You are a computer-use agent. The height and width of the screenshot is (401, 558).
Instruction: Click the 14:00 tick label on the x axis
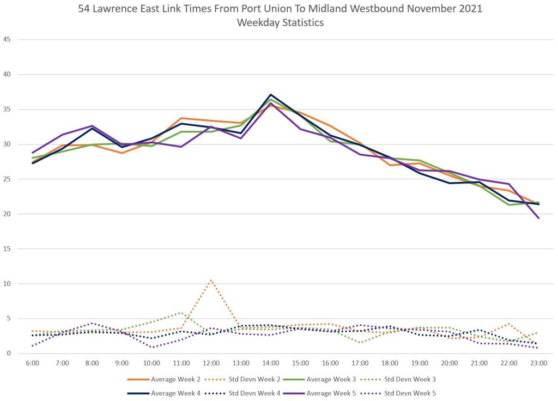tap(271, 362)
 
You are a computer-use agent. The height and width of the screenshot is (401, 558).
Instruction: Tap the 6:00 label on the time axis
tap(33, 362)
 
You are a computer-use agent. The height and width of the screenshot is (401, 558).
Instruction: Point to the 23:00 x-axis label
tap(538, 362)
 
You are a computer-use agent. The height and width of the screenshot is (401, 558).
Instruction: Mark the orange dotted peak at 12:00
tap(211, 280)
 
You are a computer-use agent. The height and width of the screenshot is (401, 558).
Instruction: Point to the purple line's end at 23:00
tap(538, 218)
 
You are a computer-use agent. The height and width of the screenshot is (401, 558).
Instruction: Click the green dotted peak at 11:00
tap(181, 313)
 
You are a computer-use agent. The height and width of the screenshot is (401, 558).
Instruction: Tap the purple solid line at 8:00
tap(92, 126)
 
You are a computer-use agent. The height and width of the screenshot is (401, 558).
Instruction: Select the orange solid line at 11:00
tap(181, 118)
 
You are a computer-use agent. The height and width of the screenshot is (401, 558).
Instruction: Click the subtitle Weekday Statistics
tap(278, 23)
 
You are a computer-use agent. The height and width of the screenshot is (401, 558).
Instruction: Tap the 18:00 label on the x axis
tap(390, 362)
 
